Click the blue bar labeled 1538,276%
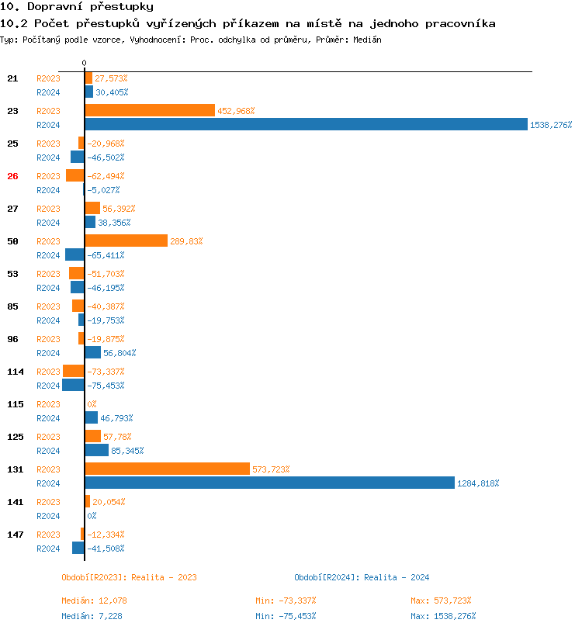click(x=306, y=124)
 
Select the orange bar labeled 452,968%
click(x=150, y=110)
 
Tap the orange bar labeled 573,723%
click(x=167, y=469)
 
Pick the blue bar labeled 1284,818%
click(x=269, y=483)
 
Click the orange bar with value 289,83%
click(x=126, y=241)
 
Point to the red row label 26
click(x=12, y=176)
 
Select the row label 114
click(x=16, y=372)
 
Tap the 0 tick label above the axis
click(x=84, y=62)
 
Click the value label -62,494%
click(x=106, y=176)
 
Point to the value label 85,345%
click(x=127, y=451)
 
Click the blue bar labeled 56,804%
click(x=92, y=352)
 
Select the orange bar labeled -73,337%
click(x=73, y=371)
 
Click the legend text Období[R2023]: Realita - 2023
click(x=129, y=577)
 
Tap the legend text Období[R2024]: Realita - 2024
click(x=362, y=577)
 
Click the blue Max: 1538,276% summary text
click(x=443, y=616)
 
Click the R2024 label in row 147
click(x=48, y=549)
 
